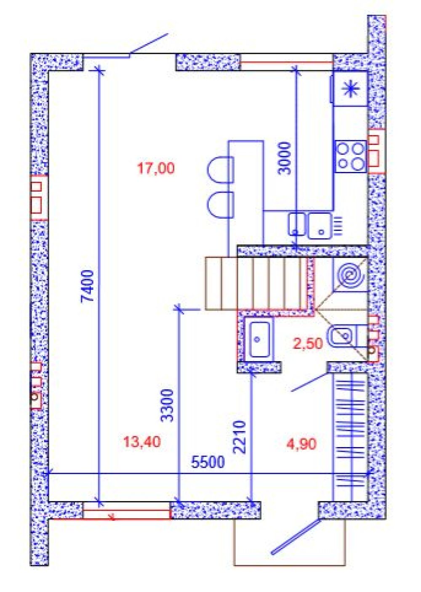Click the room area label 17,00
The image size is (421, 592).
click(156, 169)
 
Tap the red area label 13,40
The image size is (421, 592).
click(142, 442)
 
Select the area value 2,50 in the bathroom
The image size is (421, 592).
click(308, 343)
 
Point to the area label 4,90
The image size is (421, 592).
click(301, 444)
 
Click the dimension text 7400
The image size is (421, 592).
click(88, 286)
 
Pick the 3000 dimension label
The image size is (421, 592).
click(285, 158)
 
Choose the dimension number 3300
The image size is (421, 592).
click(167, 405)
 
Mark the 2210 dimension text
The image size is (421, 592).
click(240, 437)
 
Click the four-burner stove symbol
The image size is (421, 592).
click(351, 156)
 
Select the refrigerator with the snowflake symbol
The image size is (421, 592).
click(350, 88)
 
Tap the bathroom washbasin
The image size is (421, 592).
click(259, 339)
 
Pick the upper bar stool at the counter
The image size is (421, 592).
click(220, 170)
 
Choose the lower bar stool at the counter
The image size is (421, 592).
click(220, 205)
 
